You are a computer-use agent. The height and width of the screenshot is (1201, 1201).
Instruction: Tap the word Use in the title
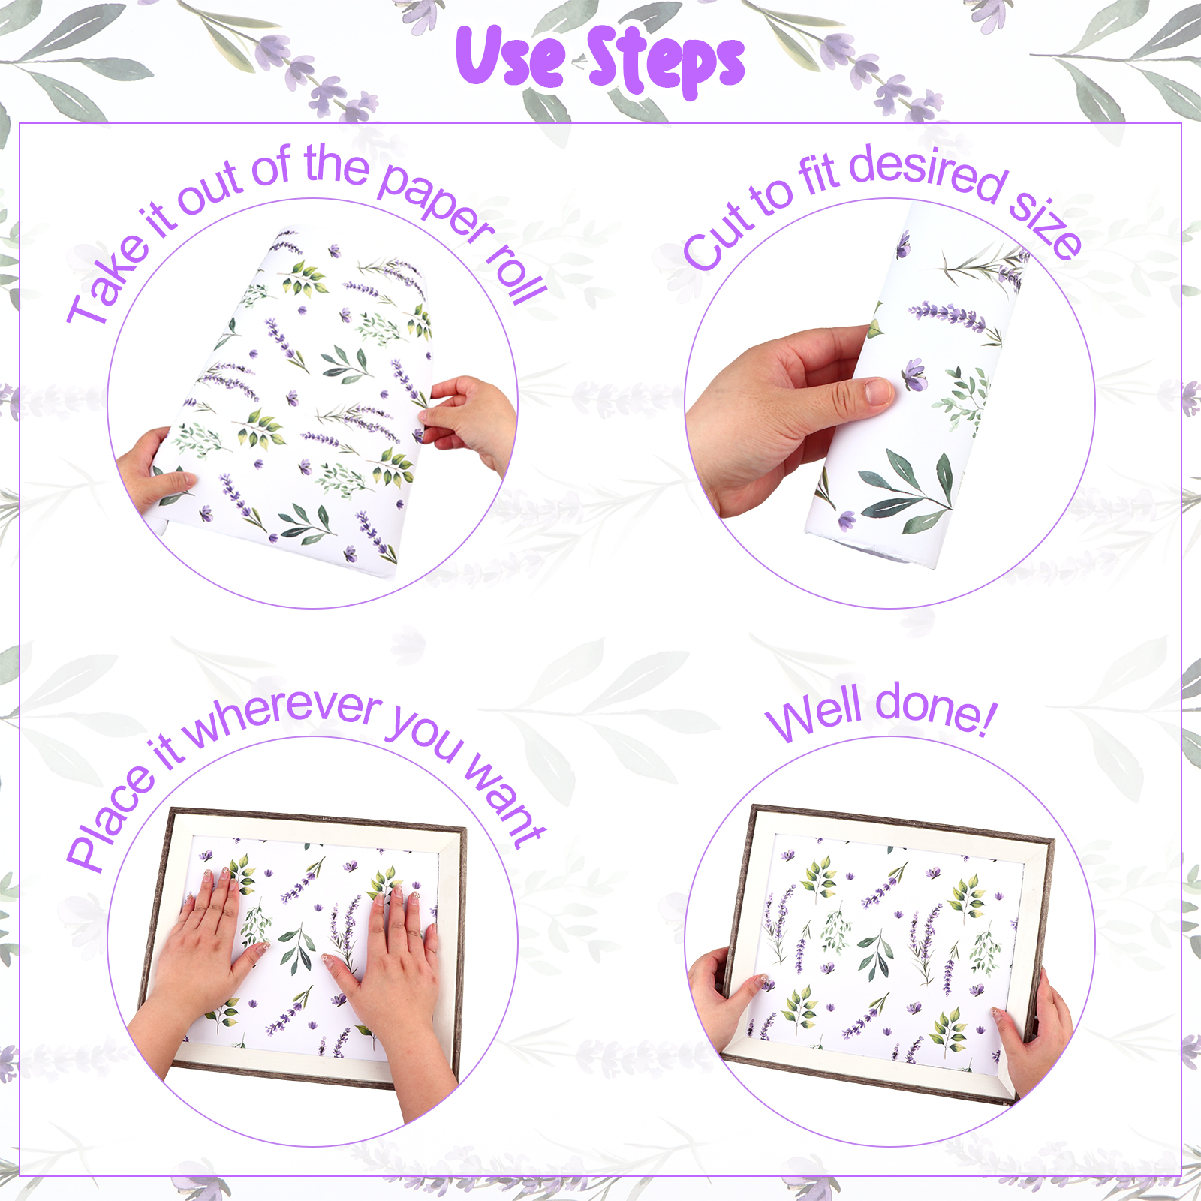tap(510, 56)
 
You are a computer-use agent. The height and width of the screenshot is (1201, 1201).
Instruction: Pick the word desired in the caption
tap(928, 173)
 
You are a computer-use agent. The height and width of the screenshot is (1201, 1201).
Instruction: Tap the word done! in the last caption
tap(935, 709)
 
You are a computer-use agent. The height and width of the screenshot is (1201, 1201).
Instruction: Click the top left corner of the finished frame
tap(754, 807)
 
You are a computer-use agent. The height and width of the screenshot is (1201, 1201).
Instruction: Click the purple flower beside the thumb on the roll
tap(914, 373)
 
